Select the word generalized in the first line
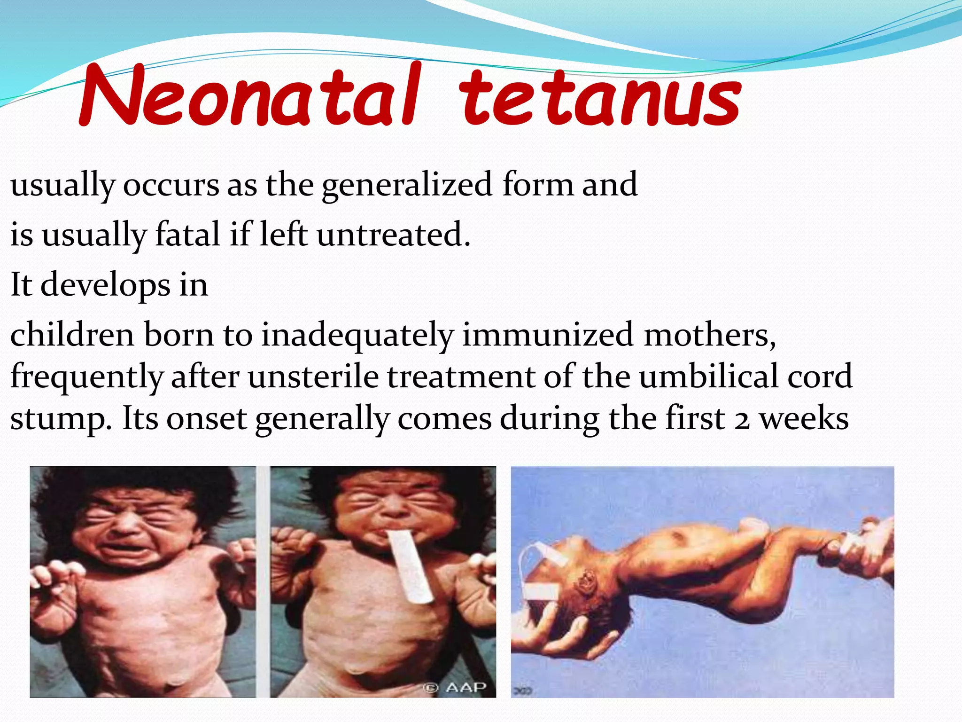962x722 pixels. [407, 185]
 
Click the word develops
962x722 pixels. [105, 286]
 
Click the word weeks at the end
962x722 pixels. [804, 418]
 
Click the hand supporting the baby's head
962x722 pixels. [564, 644]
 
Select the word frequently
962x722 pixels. [86, 377]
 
